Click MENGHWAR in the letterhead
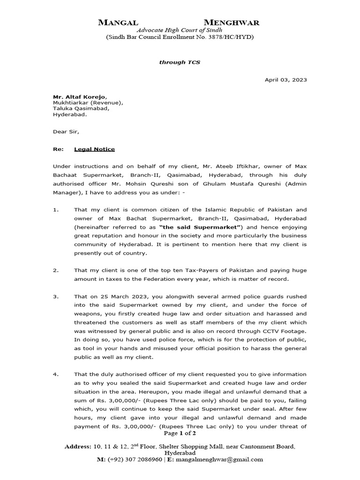(232, 22)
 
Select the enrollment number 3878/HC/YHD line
(180, 37)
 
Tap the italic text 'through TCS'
(180, 62)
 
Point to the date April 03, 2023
(286, 80)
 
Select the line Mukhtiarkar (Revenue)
(88, 103)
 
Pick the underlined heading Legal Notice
(94, 149)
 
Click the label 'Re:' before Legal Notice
(58, 149)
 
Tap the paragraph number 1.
(56, 210)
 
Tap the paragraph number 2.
(56, 270)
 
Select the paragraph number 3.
(56, 297)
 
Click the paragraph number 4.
(56, 375)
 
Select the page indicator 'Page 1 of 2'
(180, 434)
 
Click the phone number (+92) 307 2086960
(135, 460)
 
